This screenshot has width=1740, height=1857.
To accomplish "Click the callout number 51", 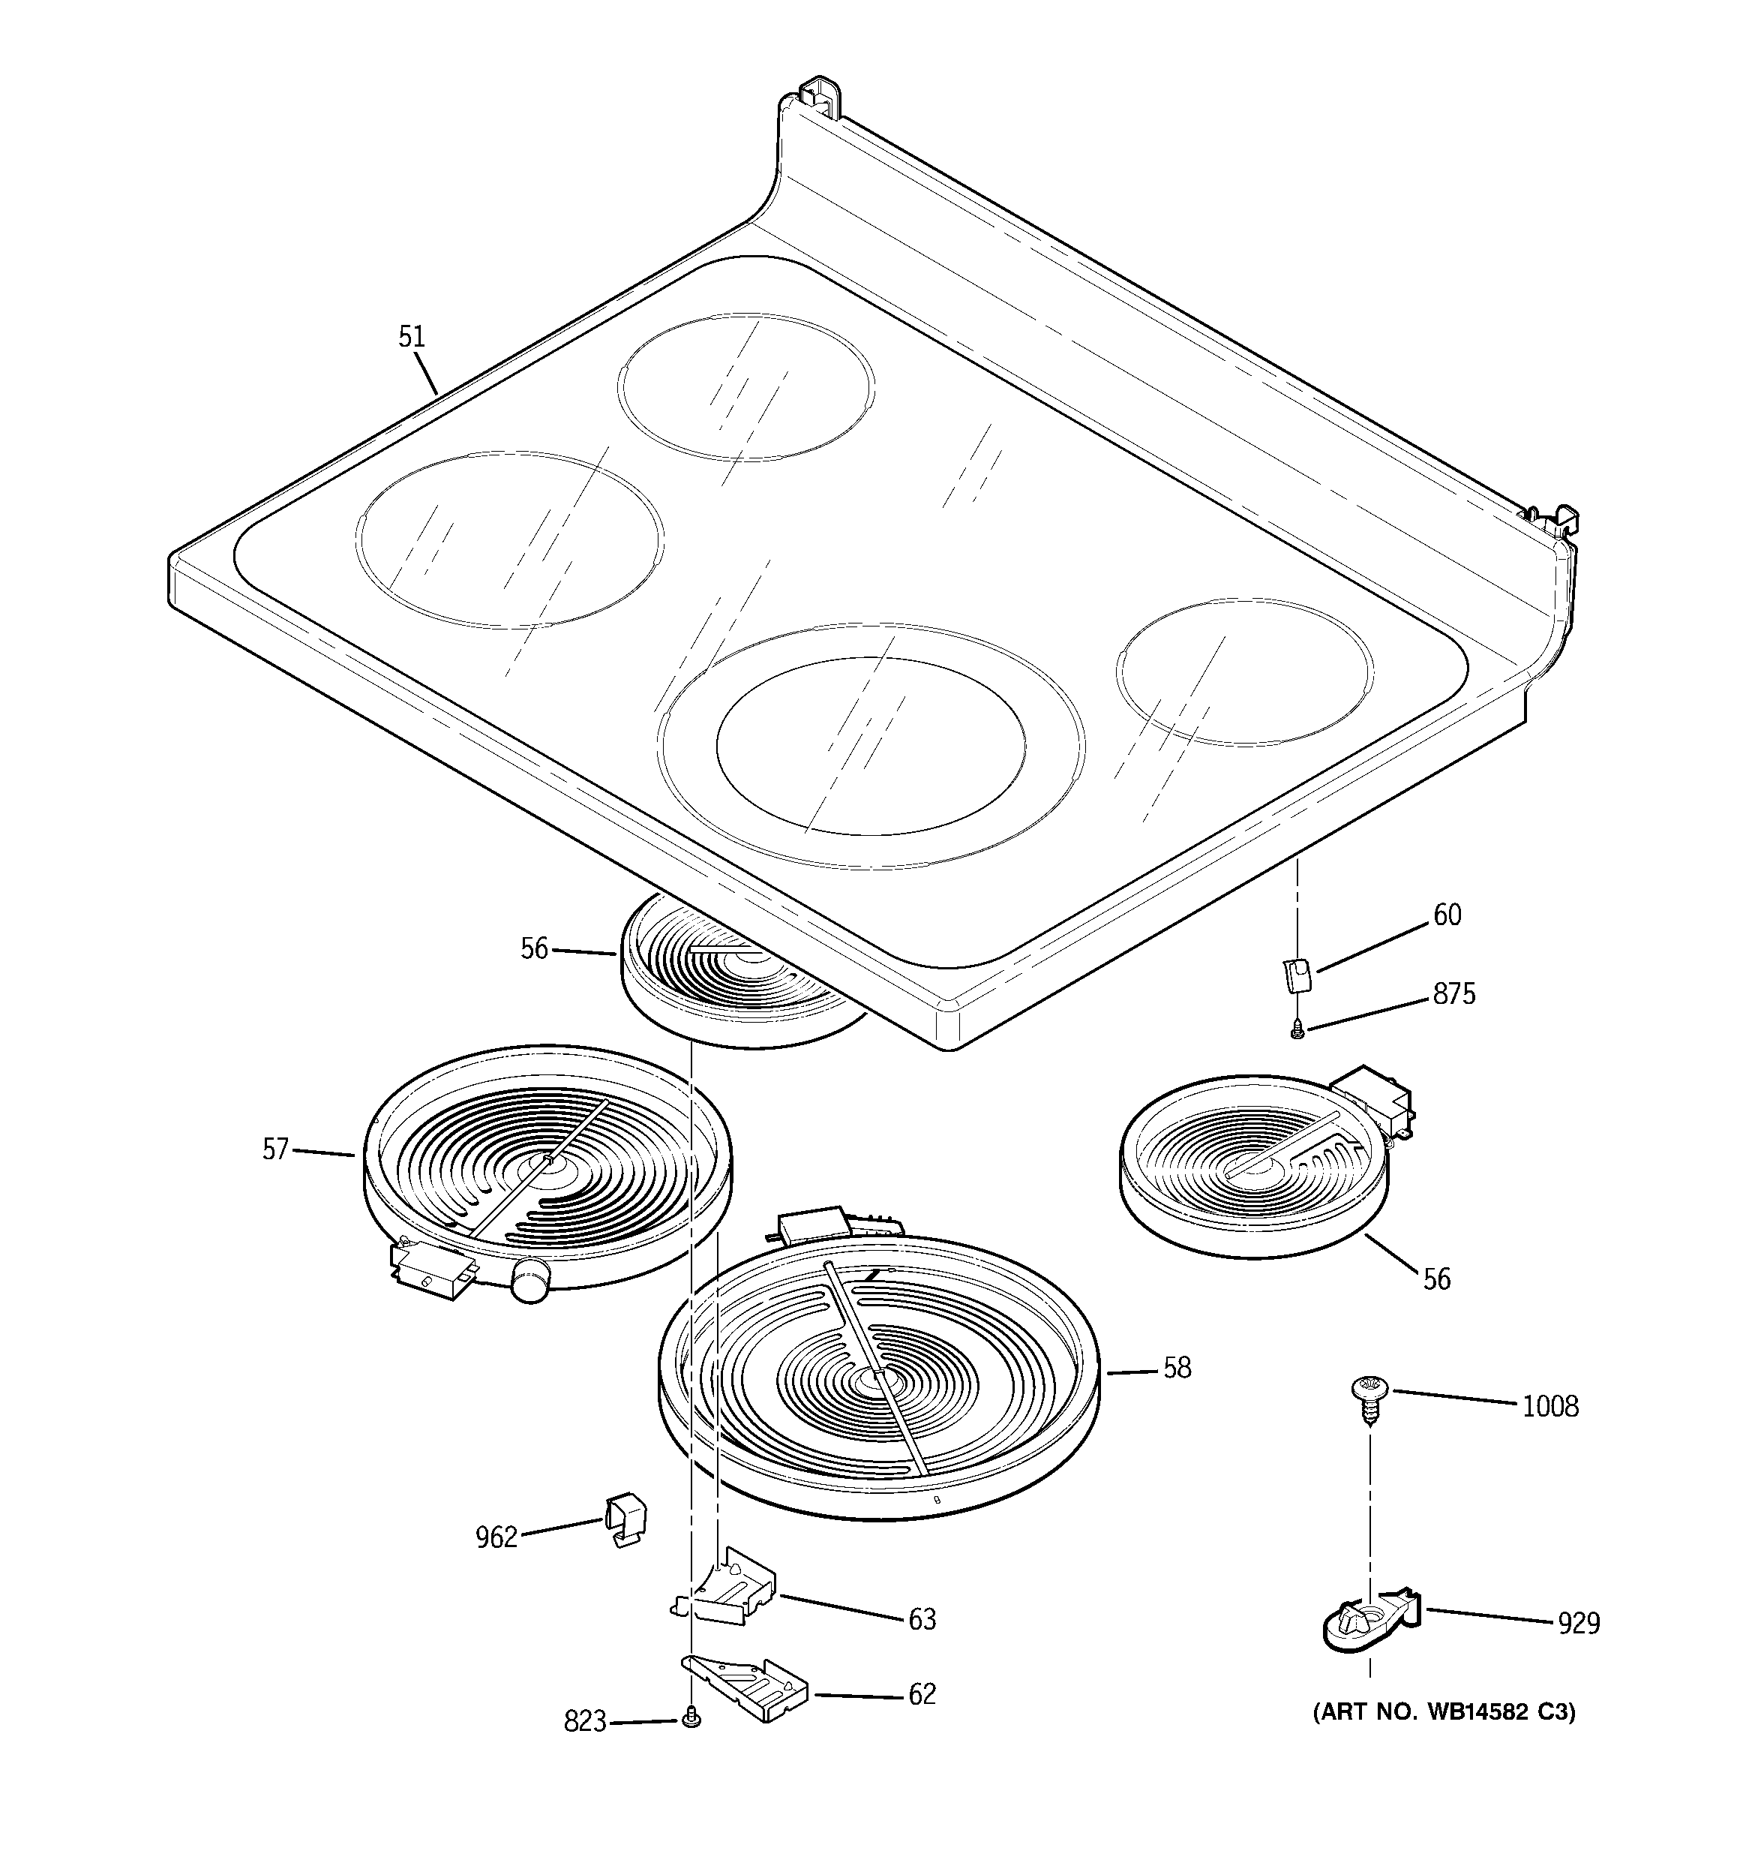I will coord(412,337).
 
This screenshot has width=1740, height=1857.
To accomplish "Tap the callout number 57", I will coord(275,1149).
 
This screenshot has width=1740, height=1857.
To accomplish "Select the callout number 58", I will coord(1177,1368).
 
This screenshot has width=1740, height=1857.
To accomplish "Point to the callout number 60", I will coord(1447,915).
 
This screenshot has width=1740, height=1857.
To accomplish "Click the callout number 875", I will coord(1454,994).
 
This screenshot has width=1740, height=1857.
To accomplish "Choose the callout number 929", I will coord(1579,1624).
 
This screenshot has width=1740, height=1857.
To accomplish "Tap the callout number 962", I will coord(496,1537).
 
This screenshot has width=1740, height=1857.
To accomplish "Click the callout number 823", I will coord(585,1721).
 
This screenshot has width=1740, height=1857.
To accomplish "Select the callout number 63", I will coord(922,1619).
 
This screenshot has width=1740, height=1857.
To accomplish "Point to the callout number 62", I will coord(922,1693).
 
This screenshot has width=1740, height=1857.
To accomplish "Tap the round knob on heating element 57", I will coord(529,1278).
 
